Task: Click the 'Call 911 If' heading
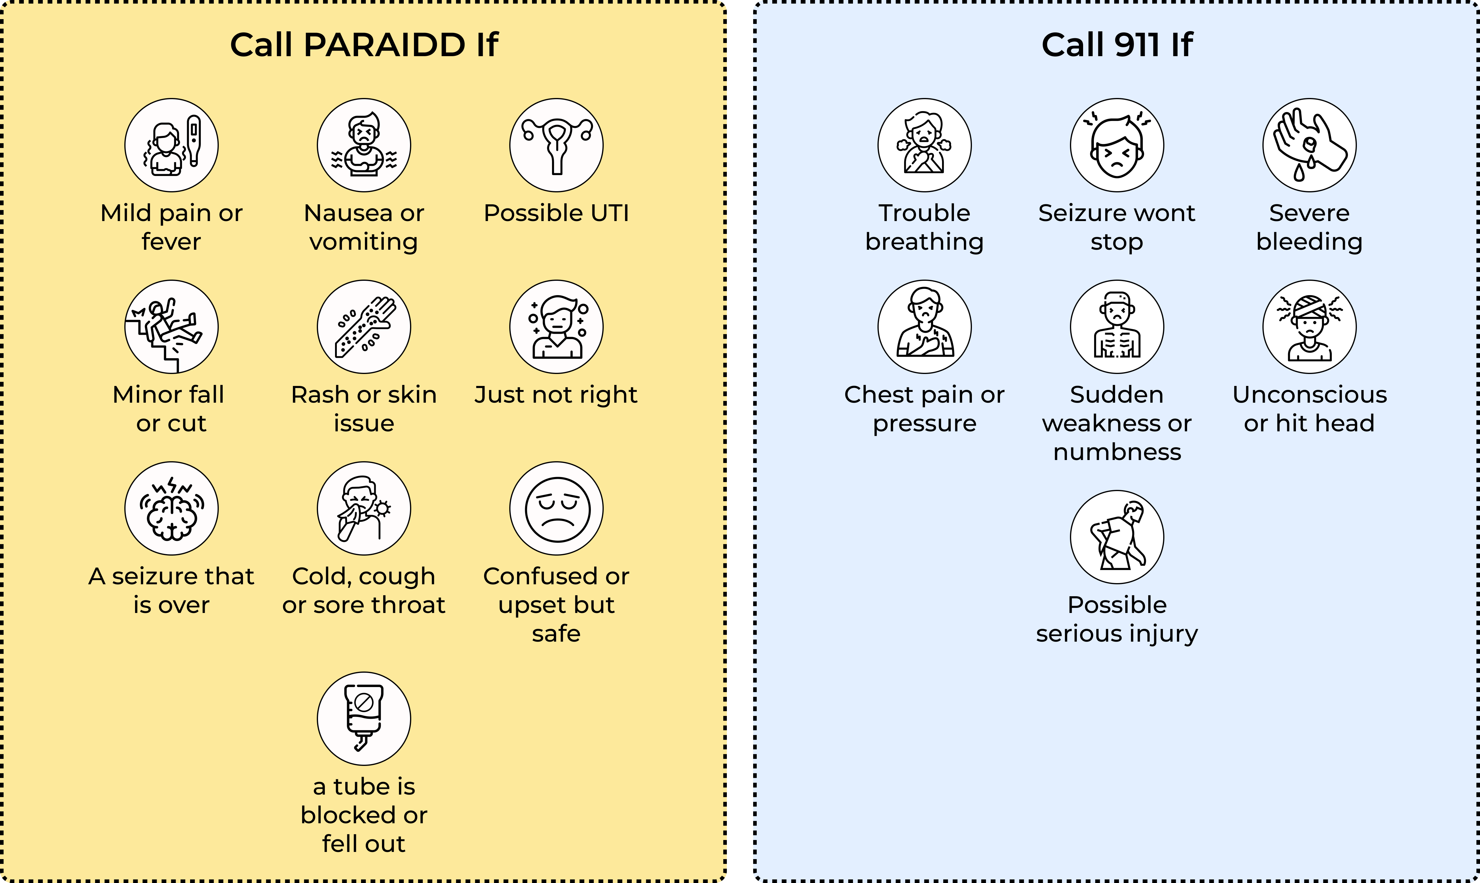1117,45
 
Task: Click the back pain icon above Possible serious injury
1117,537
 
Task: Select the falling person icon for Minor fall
172,327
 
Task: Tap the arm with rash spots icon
364,327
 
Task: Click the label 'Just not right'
556,395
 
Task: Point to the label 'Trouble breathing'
925,227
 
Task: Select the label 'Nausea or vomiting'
364,227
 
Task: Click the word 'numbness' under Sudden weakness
1117,452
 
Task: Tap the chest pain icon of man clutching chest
925,327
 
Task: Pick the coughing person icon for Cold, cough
364,509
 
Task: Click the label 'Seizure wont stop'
1117,227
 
